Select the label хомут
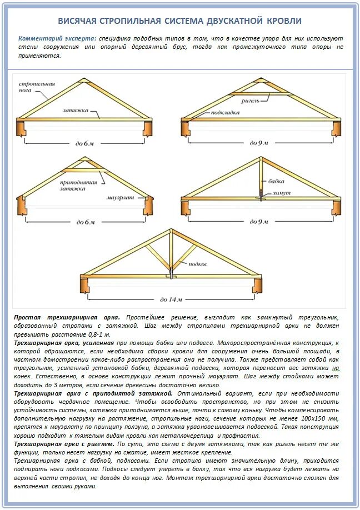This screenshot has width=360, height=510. pyautogui.click(x=281, y=193)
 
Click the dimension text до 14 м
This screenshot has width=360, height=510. pyautogui.click(x=171, y=299)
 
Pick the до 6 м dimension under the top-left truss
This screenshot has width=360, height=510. pyautogui.click(x=85, y=143)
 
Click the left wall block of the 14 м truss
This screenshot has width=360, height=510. pyautogui.click(x=86, y=285)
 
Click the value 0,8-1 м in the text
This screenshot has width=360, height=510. pyautogui.click(x=98, y=334)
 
